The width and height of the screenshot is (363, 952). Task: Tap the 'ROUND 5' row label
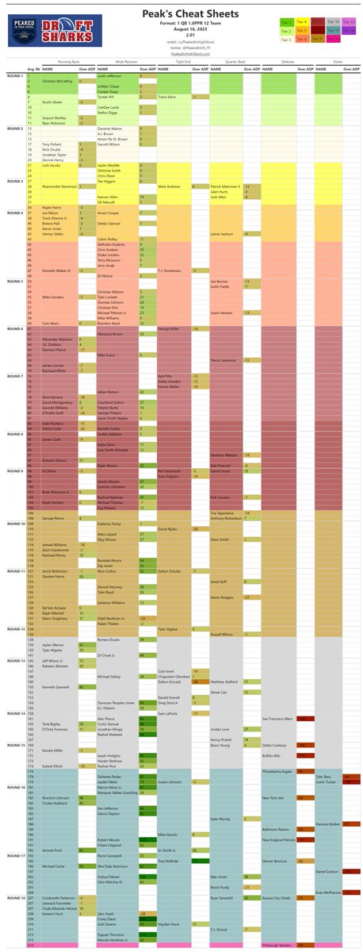[x=13, y=281]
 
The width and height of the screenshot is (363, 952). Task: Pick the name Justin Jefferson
[x=112, y=71]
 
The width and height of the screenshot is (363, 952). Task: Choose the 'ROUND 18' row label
[x=13, y=899]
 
